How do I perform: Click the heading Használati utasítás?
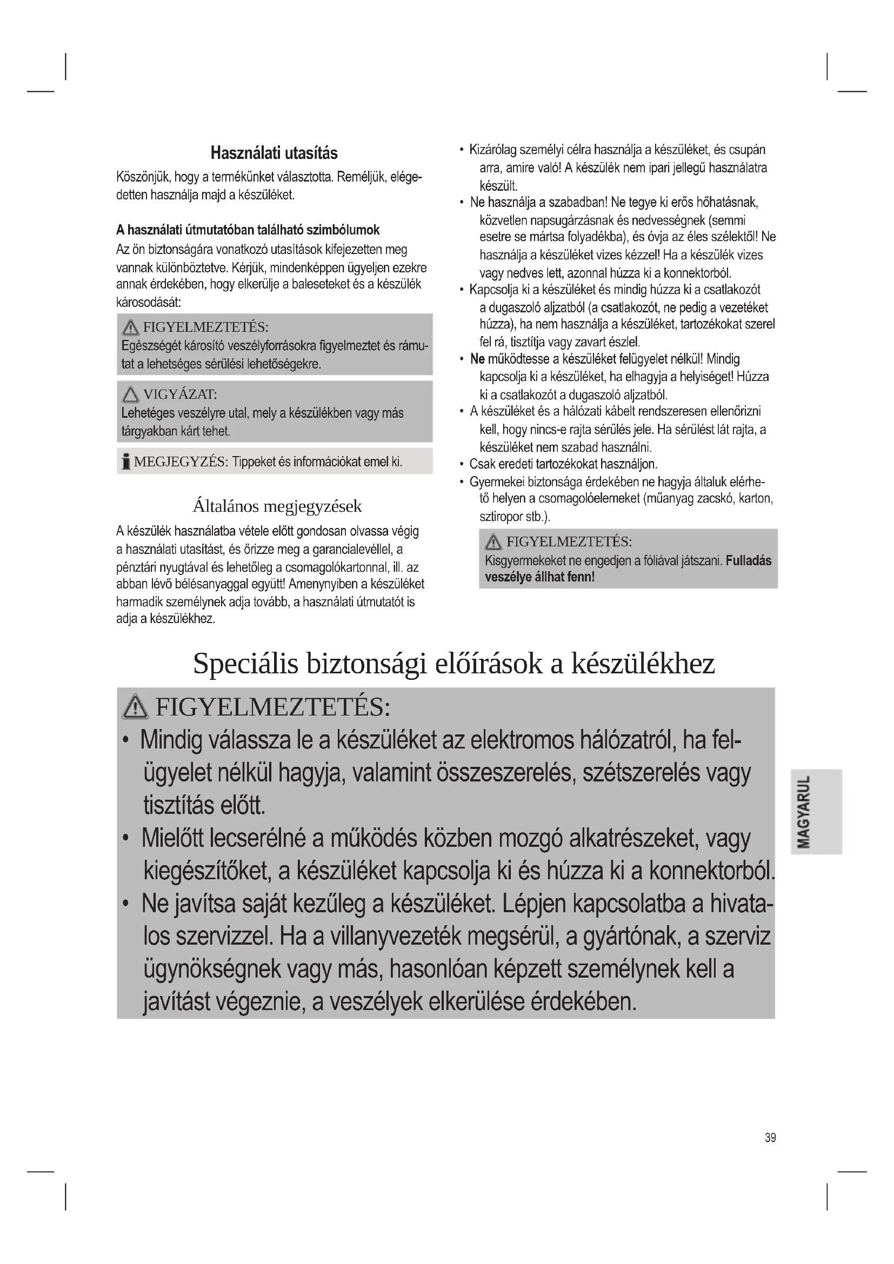pos(273,153)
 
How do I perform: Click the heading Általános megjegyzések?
pos(277,505)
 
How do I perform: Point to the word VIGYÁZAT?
pos(179,394)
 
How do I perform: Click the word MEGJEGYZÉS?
pos(181,462)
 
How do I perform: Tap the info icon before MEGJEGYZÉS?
pos(126,462)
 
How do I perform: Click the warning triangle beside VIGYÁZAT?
pos(130,394)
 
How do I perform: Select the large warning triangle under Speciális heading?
pos(136,707)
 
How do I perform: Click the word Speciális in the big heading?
pos(245,664)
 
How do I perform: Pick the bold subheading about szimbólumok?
pos(248,230)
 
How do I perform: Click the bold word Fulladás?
pos(748,561)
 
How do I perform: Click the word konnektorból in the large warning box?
pos(710,871)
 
